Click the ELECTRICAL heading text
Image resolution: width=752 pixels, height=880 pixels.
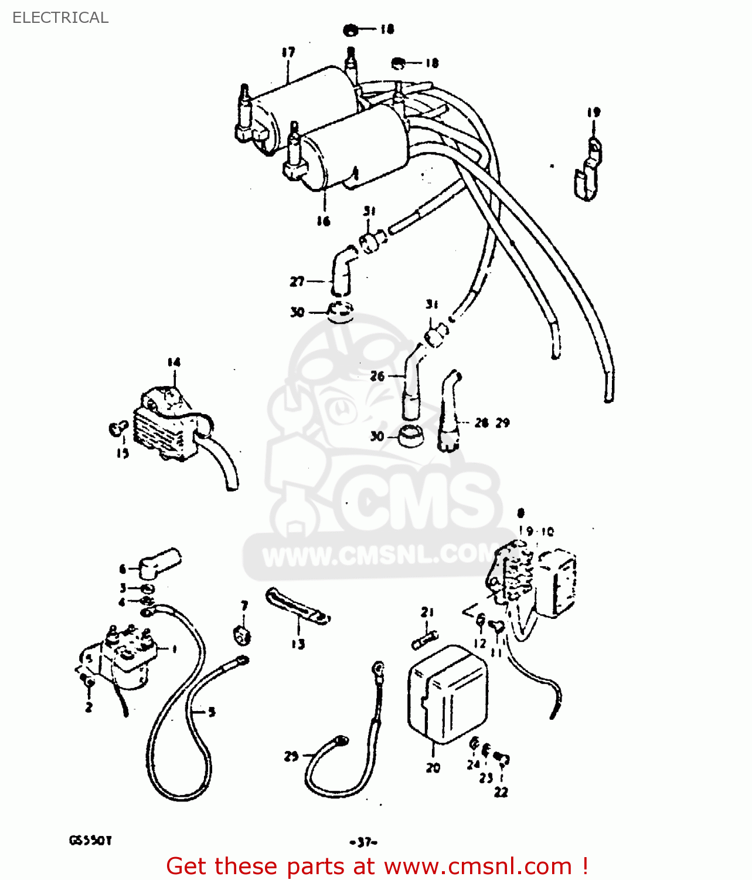(x=60, y=18)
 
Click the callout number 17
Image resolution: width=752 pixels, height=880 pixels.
(x=288, y=52)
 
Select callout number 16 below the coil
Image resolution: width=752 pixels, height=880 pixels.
(x=324, y=221)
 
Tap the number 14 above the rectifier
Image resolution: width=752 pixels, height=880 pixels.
(x=173, y=363)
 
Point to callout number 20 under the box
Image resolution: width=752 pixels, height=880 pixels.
(x=433, y=767)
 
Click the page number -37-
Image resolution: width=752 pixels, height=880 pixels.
(x=363, y=842)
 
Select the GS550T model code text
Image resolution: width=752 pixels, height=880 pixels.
(x=90, y=840)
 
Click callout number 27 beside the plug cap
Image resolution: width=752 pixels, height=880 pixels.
(x=297, y=282)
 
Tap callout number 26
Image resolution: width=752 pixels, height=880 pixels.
(x=377, y=376)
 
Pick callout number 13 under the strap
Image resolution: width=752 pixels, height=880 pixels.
(x=298, y=644)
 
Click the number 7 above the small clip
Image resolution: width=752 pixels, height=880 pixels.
(x=244, y=605)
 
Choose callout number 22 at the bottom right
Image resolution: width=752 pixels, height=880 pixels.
(x=501, y=792)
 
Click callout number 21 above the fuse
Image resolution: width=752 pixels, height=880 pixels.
(x=427, y=612)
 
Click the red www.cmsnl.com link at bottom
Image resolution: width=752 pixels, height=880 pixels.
(x=478, y=866)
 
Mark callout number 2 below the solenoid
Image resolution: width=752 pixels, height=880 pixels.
(x=89, y=708)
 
